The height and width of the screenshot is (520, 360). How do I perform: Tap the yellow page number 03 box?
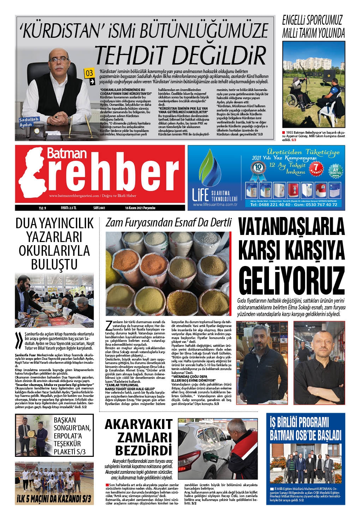pos(90,73)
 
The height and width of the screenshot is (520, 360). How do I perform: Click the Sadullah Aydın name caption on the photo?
pos(26,122)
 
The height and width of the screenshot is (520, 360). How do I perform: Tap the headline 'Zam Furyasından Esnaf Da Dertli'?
pos(169,223)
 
